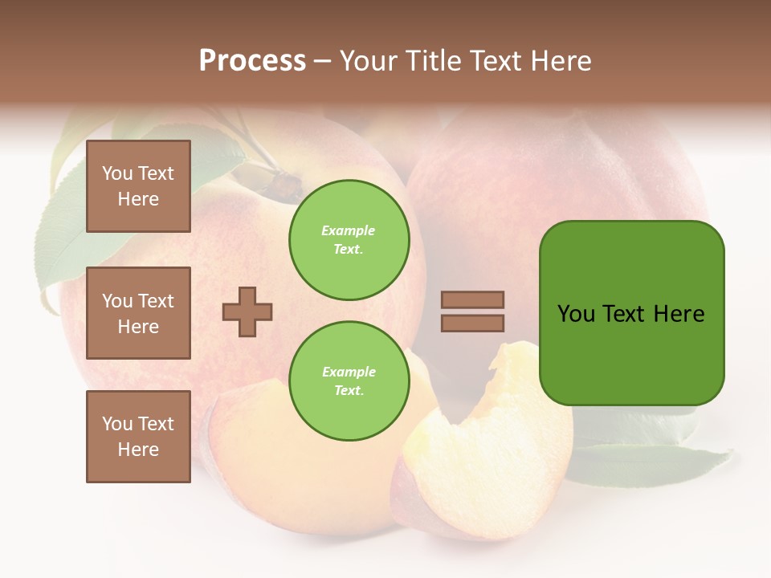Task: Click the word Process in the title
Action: pyautogui.click(x=252, y=61)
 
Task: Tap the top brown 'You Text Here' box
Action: pyautogui.click(x=138, y=186)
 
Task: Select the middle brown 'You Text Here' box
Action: pyautogui.click(x=138, y=313)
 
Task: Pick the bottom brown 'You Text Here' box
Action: pyautogui.click(x=138, y=436)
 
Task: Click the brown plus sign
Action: pyautogui.click(x=247, y=311)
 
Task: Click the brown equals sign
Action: pyautogui.click(x=472, y=311)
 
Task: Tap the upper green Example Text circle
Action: pyautogui.click(x=349, y=240)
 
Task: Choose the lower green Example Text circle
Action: pyautogui.click(x=349, y=381)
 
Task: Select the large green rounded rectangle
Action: pyautogui.click(x=631, y=313)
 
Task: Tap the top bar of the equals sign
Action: pyautogui.click(x=472, y=299)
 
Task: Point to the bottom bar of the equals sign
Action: pyautogui.click(x=472, y=323)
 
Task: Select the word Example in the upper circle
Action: pyautogui.click(x=349, y=230)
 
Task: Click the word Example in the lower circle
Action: pyautogui.click(x=349, y=372)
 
